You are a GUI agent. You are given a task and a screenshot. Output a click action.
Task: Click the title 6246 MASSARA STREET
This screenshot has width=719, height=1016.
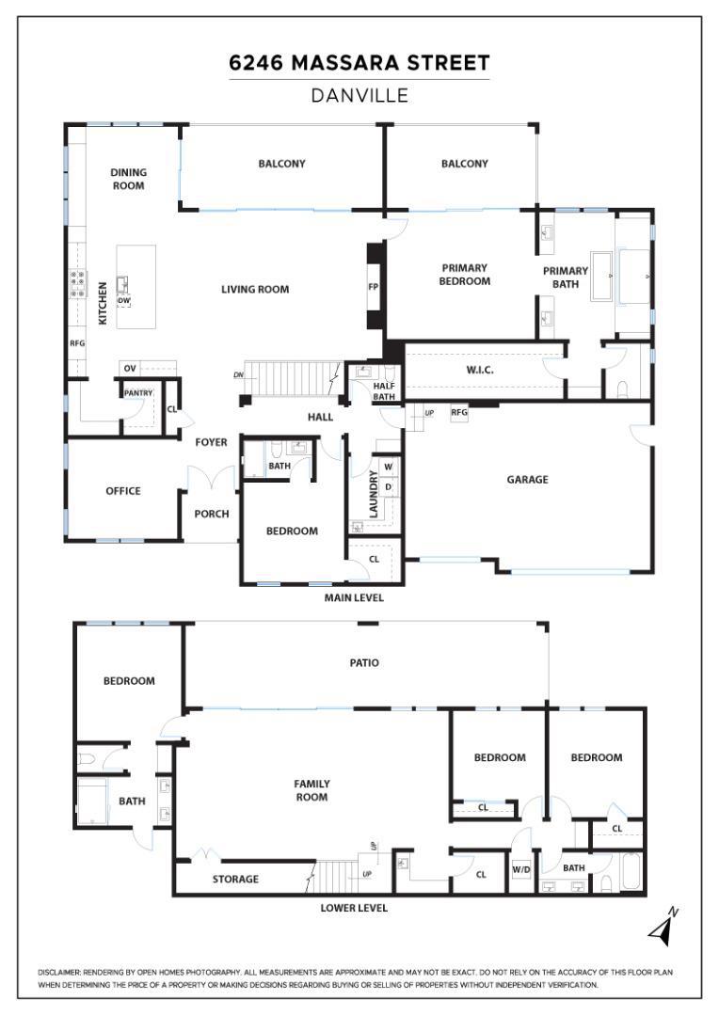359,63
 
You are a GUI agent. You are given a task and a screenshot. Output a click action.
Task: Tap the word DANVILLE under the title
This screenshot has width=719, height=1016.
359,95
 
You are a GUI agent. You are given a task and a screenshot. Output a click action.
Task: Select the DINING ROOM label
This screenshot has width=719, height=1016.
128,179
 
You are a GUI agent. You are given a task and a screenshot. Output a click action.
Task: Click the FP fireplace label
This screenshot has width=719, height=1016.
373,288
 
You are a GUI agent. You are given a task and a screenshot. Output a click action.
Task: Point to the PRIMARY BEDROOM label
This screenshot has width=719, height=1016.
465,275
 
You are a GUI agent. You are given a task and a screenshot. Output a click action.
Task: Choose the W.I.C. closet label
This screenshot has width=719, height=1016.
479,370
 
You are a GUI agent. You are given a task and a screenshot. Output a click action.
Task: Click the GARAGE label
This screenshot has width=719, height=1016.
527,479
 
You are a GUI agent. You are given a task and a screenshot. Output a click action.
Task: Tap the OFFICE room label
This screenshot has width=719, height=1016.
122,490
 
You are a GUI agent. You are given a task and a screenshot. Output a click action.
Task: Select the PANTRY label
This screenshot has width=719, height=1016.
137,393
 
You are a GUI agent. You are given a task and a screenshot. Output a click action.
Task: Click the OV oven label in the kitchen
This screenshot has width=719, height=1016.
130,368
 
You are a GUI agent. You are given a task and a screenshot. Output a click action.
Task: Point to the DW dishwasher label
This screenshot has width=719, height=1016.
123,301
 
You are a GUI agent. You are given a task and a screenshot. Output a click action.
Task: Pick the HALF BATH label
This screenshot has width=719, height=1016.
383,390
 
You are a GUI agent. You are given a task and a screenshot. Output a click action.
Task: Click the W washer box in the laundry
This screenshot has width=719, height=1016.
388,467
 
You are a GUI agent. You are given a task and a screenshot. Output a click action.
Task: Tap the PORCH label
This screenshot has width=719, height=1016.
212,514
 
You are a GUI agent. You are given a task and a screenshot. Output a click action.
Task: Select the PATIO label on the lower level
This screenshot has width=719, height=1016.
364,662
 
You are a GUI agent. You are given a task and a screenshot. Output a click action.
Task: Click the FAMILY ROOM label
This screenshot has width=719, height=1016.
312,790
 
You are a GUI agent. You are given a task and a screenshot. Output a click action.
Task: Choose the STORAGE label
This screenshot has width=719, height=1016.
235,879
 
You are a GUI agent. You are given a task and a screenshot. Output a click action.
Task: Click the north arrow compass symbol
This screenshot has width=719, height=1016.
663,929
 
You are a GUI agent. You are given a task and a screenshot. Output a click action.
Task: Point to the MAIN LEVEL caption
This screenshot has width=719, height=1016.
354,597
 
